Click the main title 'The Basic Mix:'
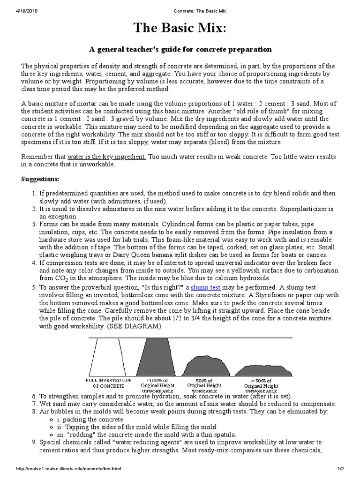click(x=180, y=29)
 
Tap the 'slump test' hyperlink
click(x=206, y=287)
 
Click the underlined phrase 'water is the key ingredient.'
click(x=107, y=157)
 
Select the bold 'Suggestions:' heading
click(x=40, y=179)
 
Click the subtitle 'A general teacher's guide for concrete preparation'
click(x=180, y=49)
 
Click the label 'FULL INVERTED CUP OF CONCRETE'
click(x=105, y=382)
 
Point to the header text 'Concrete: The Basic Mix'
click(x=180, y=4)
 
